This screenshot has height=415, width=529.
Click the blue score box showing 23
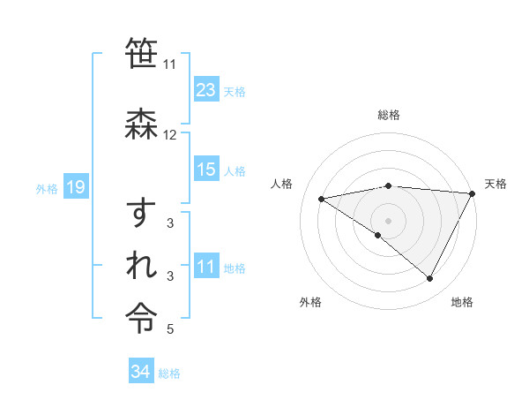pos(206,90)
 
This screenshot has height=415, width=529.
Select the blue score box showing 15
pos(206,170)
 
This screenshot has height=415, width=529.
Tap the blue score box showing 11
pos(206,268)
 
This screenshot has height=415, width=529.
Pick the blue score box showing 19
pos(75,187)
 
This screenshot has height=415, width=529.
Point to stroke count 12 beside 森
pos(170,135)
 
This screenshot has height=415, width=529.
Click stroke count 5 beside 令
pos(170,330)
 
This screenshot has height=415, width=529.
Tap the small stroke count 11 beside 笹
pos(169,64)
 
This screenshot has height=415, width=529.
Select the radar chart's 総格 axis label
pos(389,115)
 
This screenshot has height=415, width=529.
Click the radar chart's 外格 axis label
pos(310,303)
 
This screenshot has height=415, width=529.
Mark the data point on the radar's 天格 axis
pos(472,193)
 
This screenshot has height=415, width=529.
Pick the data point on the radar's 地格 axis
pos(430,278)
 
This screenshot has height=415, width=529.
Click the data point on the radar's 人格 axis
pos(322,199)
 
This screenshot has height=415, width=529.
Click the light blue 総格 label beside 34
pos(169,373)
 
